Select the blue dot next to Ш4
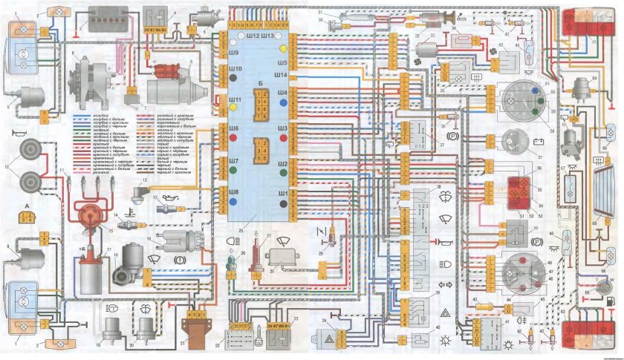coord(284,94)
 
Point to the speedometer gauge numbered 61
coord(514,103)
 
